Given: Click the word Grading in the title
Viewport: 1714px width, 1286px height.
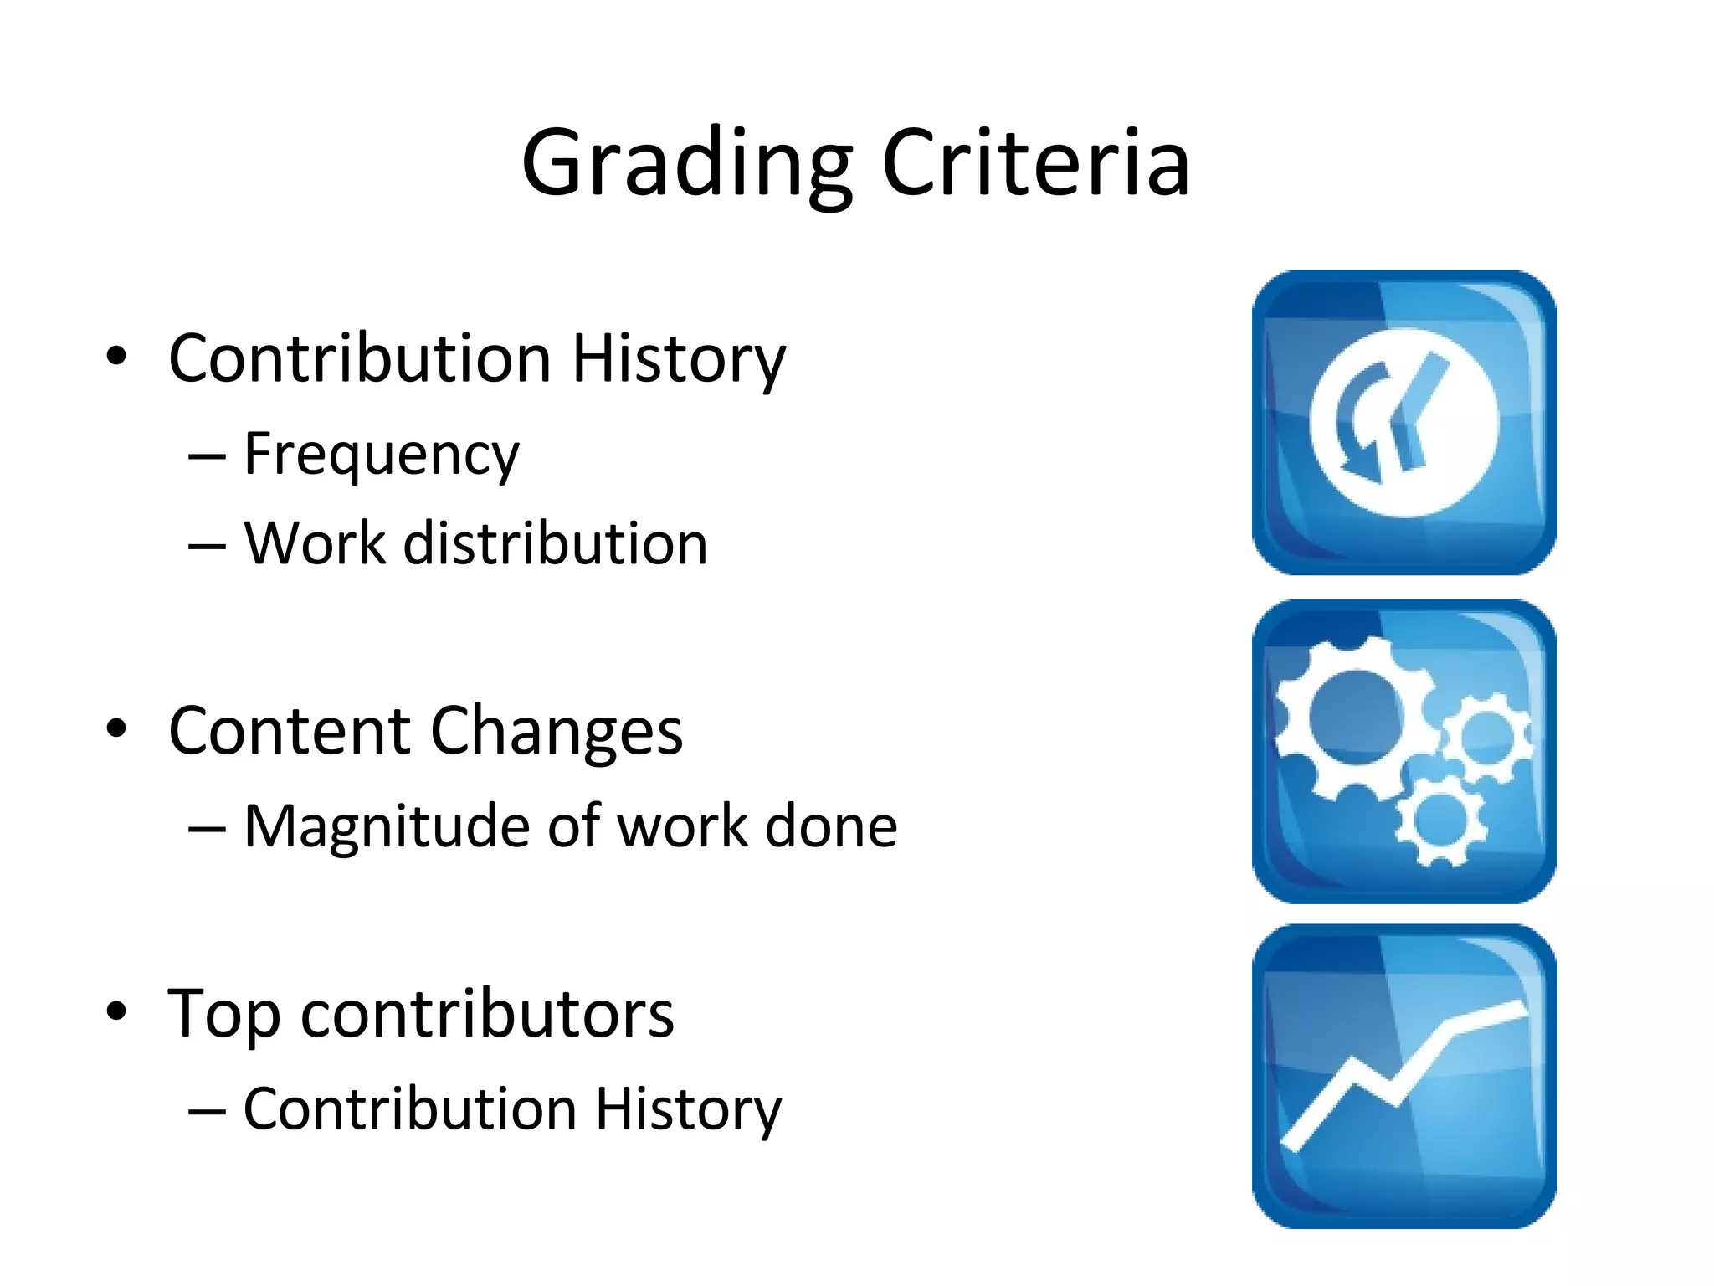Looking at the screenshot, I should click(x=686, y=163).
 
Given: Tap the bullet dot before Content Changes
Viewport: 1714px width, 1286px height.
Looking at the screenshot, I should click(x=116, y=728).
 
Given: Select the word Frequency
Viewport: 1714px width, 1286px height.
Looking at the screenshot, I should click(x=382, y=455).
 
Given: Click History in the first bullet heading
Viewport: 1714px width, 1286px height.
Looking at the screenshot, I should click(x=679, y=358).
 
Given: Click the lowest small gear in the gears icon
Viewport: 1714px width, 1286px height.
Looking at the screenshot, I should click(x=1440, y=819).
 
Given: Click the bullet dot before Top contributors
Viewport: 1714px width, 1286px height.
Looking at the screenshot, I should click(x=116, y=1011).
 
